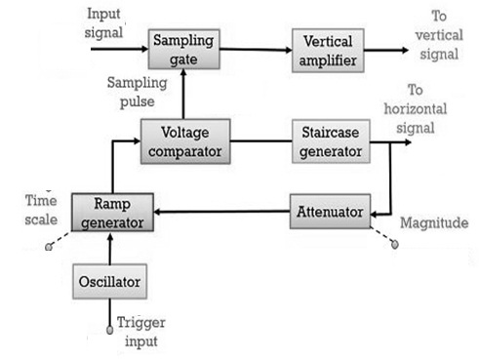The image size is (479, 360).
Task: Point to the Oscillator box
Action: pyautogui.click(x=112, y=283)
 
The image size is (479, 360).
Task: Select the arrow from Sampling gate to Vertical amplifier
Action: pyautogui.click(x=255, y=48)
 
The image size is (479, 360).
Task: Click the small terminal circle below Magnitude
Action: pyautogui.click(x=394, y=244)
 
